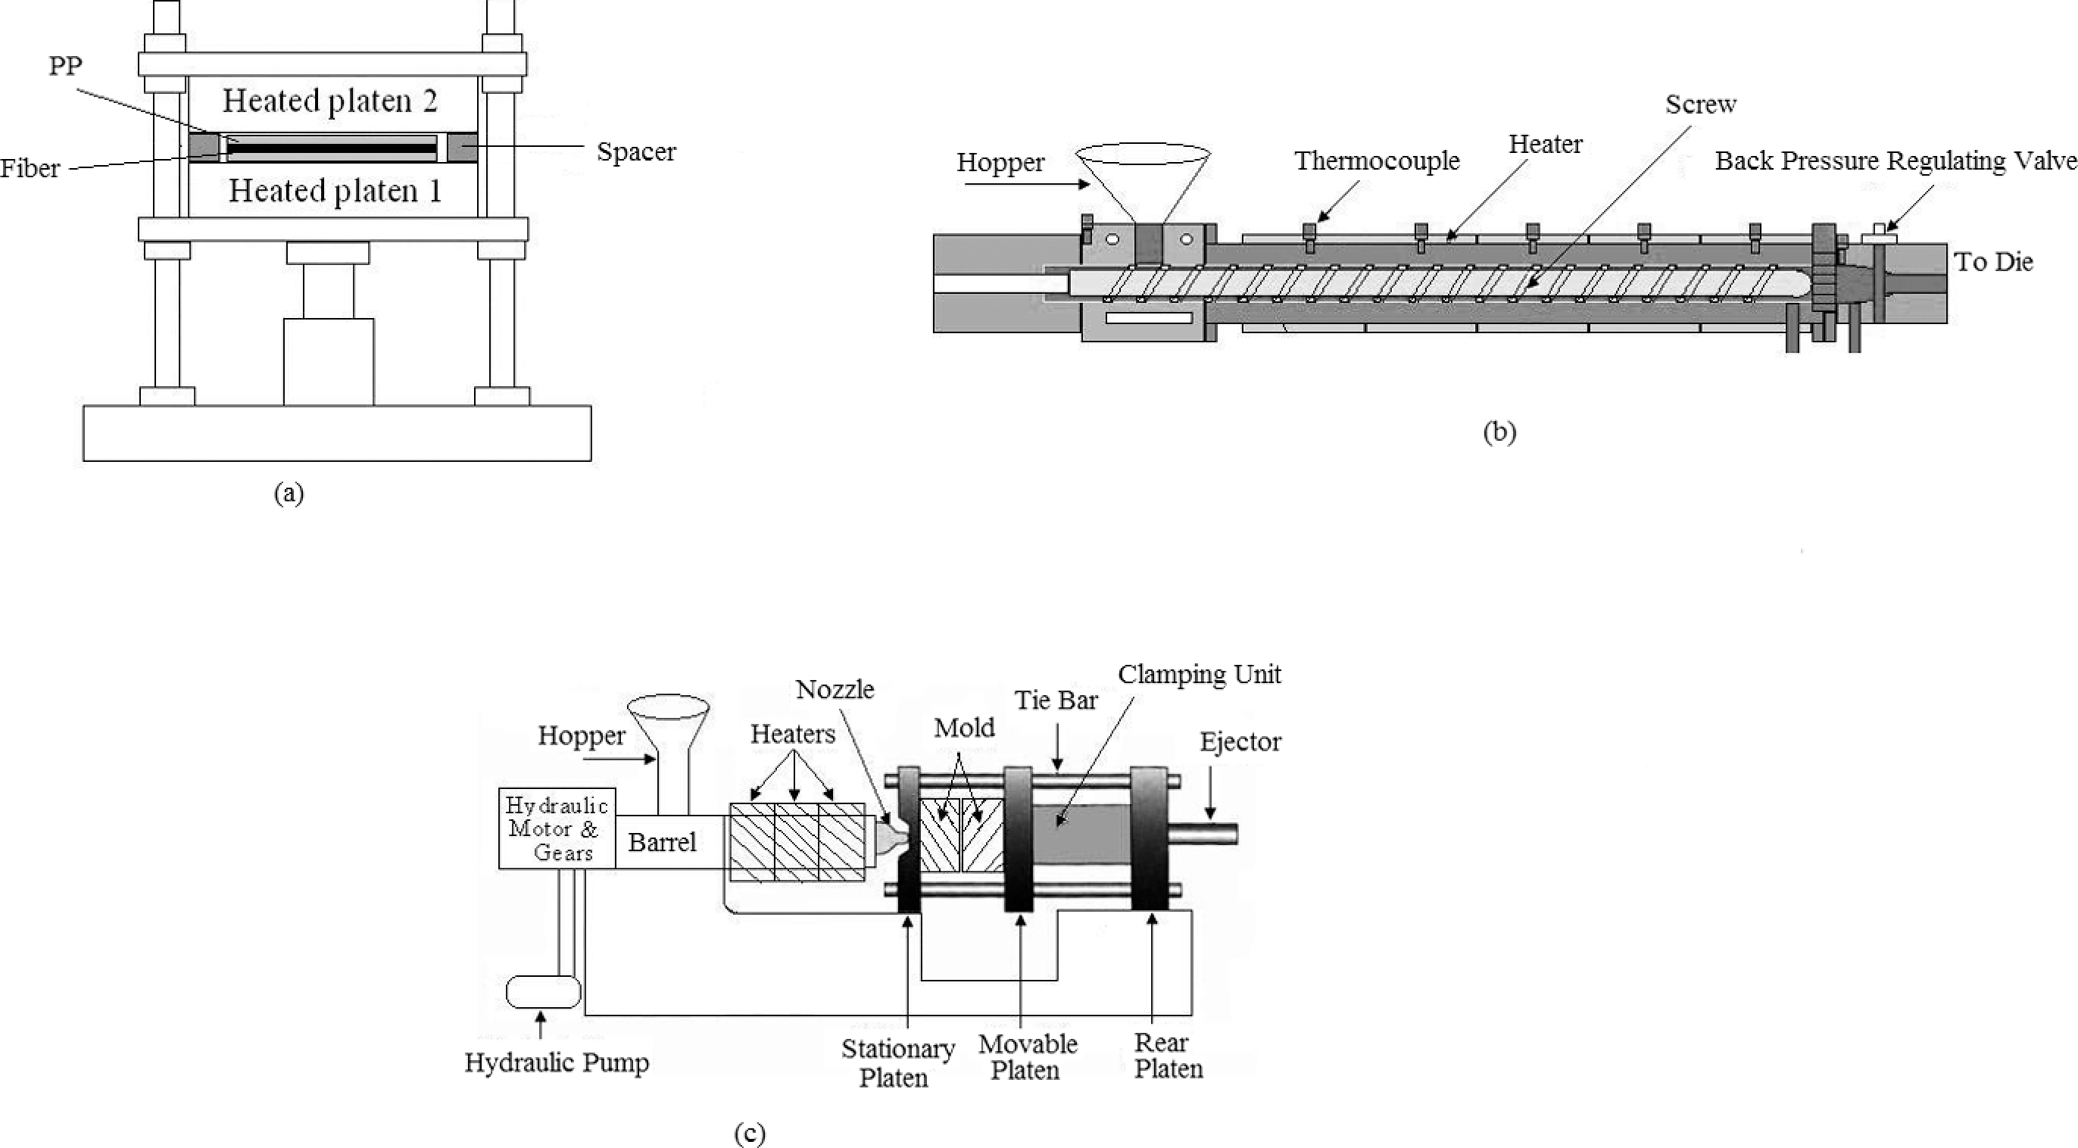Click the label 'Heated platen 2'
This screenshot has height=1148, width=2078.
click(x=330, y=101)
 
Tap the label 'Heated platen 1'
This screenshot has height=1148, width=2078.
click(x=335, y=191)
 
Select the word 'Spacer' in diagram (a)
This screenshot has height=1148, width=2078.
click(x=636, y=151)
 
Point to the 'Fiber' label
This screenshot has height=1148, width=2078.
click(x=30, y=169)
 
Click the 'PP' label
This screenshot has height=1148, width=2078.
click(x=66, y=65)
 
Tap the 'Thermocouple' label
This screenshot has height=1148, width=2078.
click(x=1377, y=161)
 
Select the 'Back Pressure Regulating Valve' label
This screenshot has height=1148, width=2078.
click(x=1895, y=161)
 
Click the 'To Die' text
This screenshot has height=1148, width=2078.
click(x=1993, y=261)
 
